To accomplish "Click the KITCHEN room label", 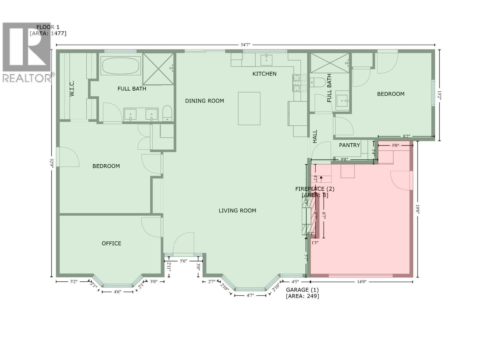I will coord(264,74).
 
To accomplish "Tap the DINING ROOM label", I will coord(204,101).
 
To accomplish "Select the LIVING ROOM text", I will coord(237,211).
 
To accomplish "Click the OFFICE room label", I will coord(111,243).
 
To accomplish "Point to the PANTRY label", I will coord(349,145).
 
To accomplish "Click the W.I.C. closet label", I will coord(72,88).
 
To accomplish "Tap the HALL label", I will coord(315,136).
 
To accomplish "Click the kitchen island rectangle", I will coord(249,108).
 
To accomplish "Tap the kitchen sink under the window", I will coord(266,60).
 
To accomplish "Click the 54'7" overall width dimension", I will coord(245,45).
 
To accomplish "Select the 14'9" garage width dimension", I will coord(361,282).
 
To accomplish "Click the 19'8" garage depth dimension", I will coord(417,209).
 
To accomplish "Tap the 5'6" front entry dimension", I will coord(183,261).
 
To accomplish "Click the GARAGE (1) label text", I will coord(302,290).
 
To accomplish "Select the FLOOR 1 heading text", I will coord(48,27).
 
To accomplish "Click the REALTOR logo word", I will coord(27,78).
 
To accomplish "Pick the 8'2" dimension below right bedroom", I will coord(406,136).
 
